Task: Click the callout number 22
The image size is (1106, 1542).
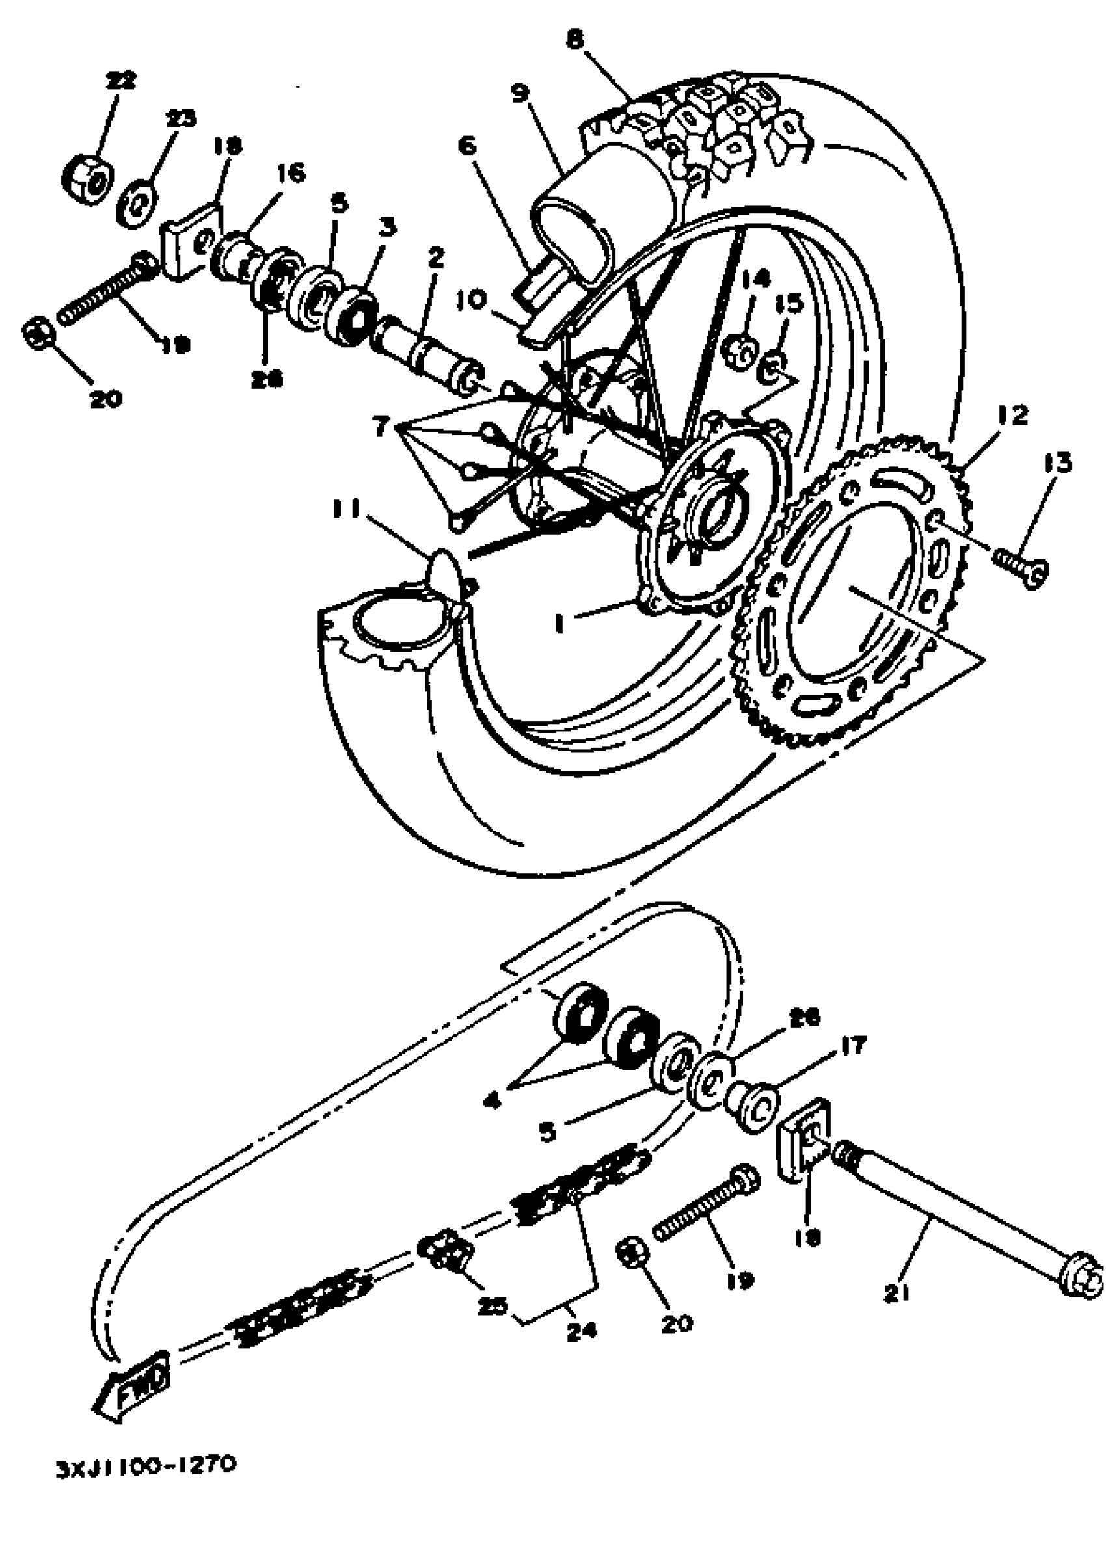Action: [x=120, y=80]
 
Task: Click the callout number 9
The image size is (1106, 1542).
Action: [x=520, y=92]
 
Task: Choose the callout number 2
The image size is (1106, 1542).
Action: [x=435, y=258]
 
